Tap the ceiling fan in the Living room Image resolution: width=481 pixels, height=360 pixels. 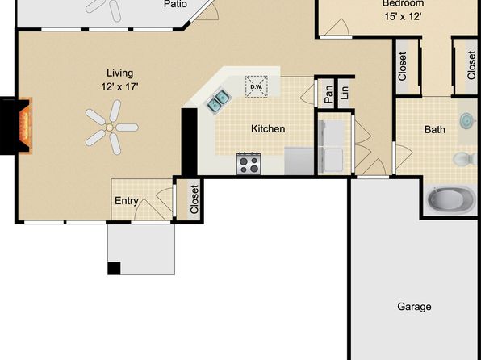[x=111, y=127]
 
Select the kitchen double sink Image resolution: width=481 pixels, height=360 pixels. [x=218, y=101]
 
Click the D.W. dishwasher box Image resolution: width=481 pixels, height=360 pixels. [x=257, y=86]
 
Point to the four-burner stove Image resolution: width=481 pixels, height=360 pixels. [x=249, y=164]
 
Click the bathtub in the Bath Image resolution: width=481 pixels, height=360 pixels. [x=451, y=199]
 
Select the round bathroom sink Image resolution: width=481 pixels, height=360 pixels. [x=468, y=120]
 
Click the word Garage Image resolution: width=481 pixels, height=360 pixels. [x=414, y=307]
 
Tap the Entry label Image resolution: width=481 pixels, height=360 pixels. [x=127, y=201]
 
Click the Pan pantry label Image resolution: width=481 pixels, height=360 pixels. [x=328, y=94]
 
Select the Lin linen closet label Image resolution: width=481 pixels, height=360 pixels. [x=345, y=92]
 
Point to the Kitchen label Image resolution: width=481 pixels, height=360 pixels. [x=268, y=129]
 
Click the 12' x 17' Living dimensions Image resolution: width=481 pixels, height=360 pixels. [x=119, y=87]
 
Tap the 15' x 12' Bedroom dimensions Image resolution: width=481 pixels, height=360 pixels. [x=403, y=17]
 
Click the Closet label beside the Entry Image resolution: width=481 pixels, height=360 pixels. [x=194, y=199]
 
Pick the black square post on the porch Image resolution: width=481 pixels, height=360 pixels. [x=114, y=268]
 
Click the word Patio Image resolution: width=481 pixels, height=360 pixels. [x=175, y=4]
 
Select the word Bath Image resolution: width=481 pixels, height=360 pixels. [x=435, y=129]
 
